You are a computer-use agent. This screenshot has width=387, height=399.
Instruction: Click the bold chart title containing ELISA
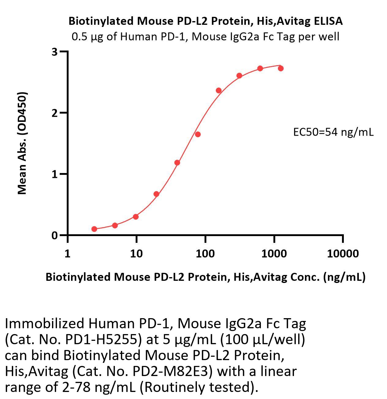pos(205,21)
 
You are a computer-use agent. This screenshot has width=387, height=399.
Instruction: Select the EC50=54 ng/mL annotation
pos(333,132)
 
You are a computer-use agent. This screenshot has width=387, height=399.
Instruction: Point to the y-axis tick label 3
pos(54,52)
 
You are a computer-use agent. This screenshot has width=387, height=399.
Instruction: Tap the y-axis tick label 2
pos(54,113)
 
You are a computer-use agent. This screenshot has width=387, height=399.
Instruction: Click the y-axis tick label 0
pos(54,235)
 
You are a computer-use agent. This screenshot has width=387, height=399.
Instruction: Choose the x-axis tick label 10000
pos(343,254)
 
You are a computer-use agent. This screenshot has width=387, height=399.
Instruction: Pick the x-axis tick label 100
pos(205,254)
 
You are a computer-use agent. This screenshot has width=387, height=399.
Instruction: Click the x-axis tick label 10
pos(136,254)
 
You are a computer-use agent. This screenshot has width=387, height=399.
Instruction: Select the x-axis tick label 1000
pos(274,254)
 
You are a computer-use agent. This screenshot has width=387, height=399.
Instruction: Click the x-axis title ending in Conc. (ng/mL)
pos(205,277)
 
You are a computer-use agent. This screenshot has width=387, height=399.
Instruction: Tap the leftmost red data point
pos(94,229)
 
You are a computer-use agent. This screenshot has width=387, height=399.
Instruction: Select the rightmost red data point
pos(281,68)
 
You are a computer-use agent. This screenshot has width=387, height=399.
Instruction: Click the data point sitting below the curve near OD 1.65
pos(197,134)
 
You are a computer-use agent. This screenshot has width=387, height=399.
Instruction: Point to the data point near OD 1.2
pos(177,163)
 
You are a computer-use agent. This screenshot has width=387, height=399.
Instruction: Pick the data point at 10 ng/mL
pos(136,217)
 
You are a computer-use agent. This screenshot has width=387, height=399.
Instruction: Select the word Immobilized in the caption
pos(44,324)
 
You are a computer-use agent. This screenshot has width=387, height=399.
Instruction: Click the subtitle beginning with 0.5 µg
pos(205,37)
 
